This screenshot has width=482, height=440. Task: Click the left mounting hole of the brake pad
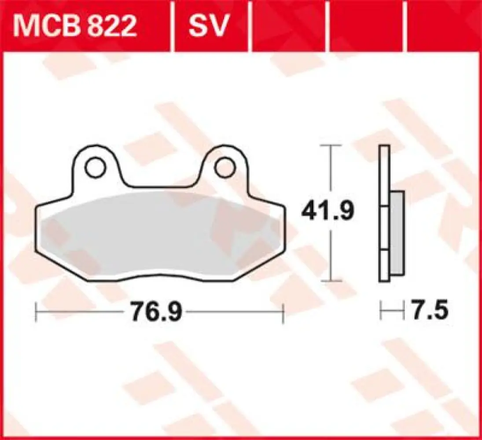tap(96, 168)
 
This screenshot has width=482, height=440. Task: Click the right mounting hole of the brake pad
tap(224, 168)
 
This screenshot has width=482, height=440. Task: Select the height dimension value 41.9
tap(327, 212)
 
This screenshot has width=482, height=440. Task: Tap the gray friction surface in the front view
tap(158, 235)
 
